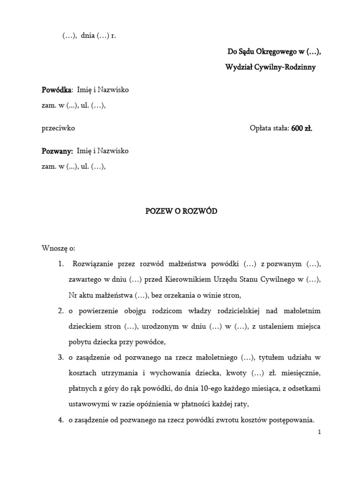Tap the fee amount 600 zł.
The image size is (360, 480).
coord(301,127)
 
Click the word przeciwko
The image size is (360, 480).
coord(58,127)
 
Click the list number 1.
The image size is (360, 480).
coord(61,264)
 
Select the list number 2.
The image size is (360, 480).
coord(61,310)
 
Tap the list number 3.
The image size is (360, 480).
coord(61,358)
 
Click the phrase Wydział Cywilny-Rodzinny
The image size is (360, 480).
coord(270,67)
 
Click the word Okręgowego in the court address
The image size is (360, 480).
coord(274,52)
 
